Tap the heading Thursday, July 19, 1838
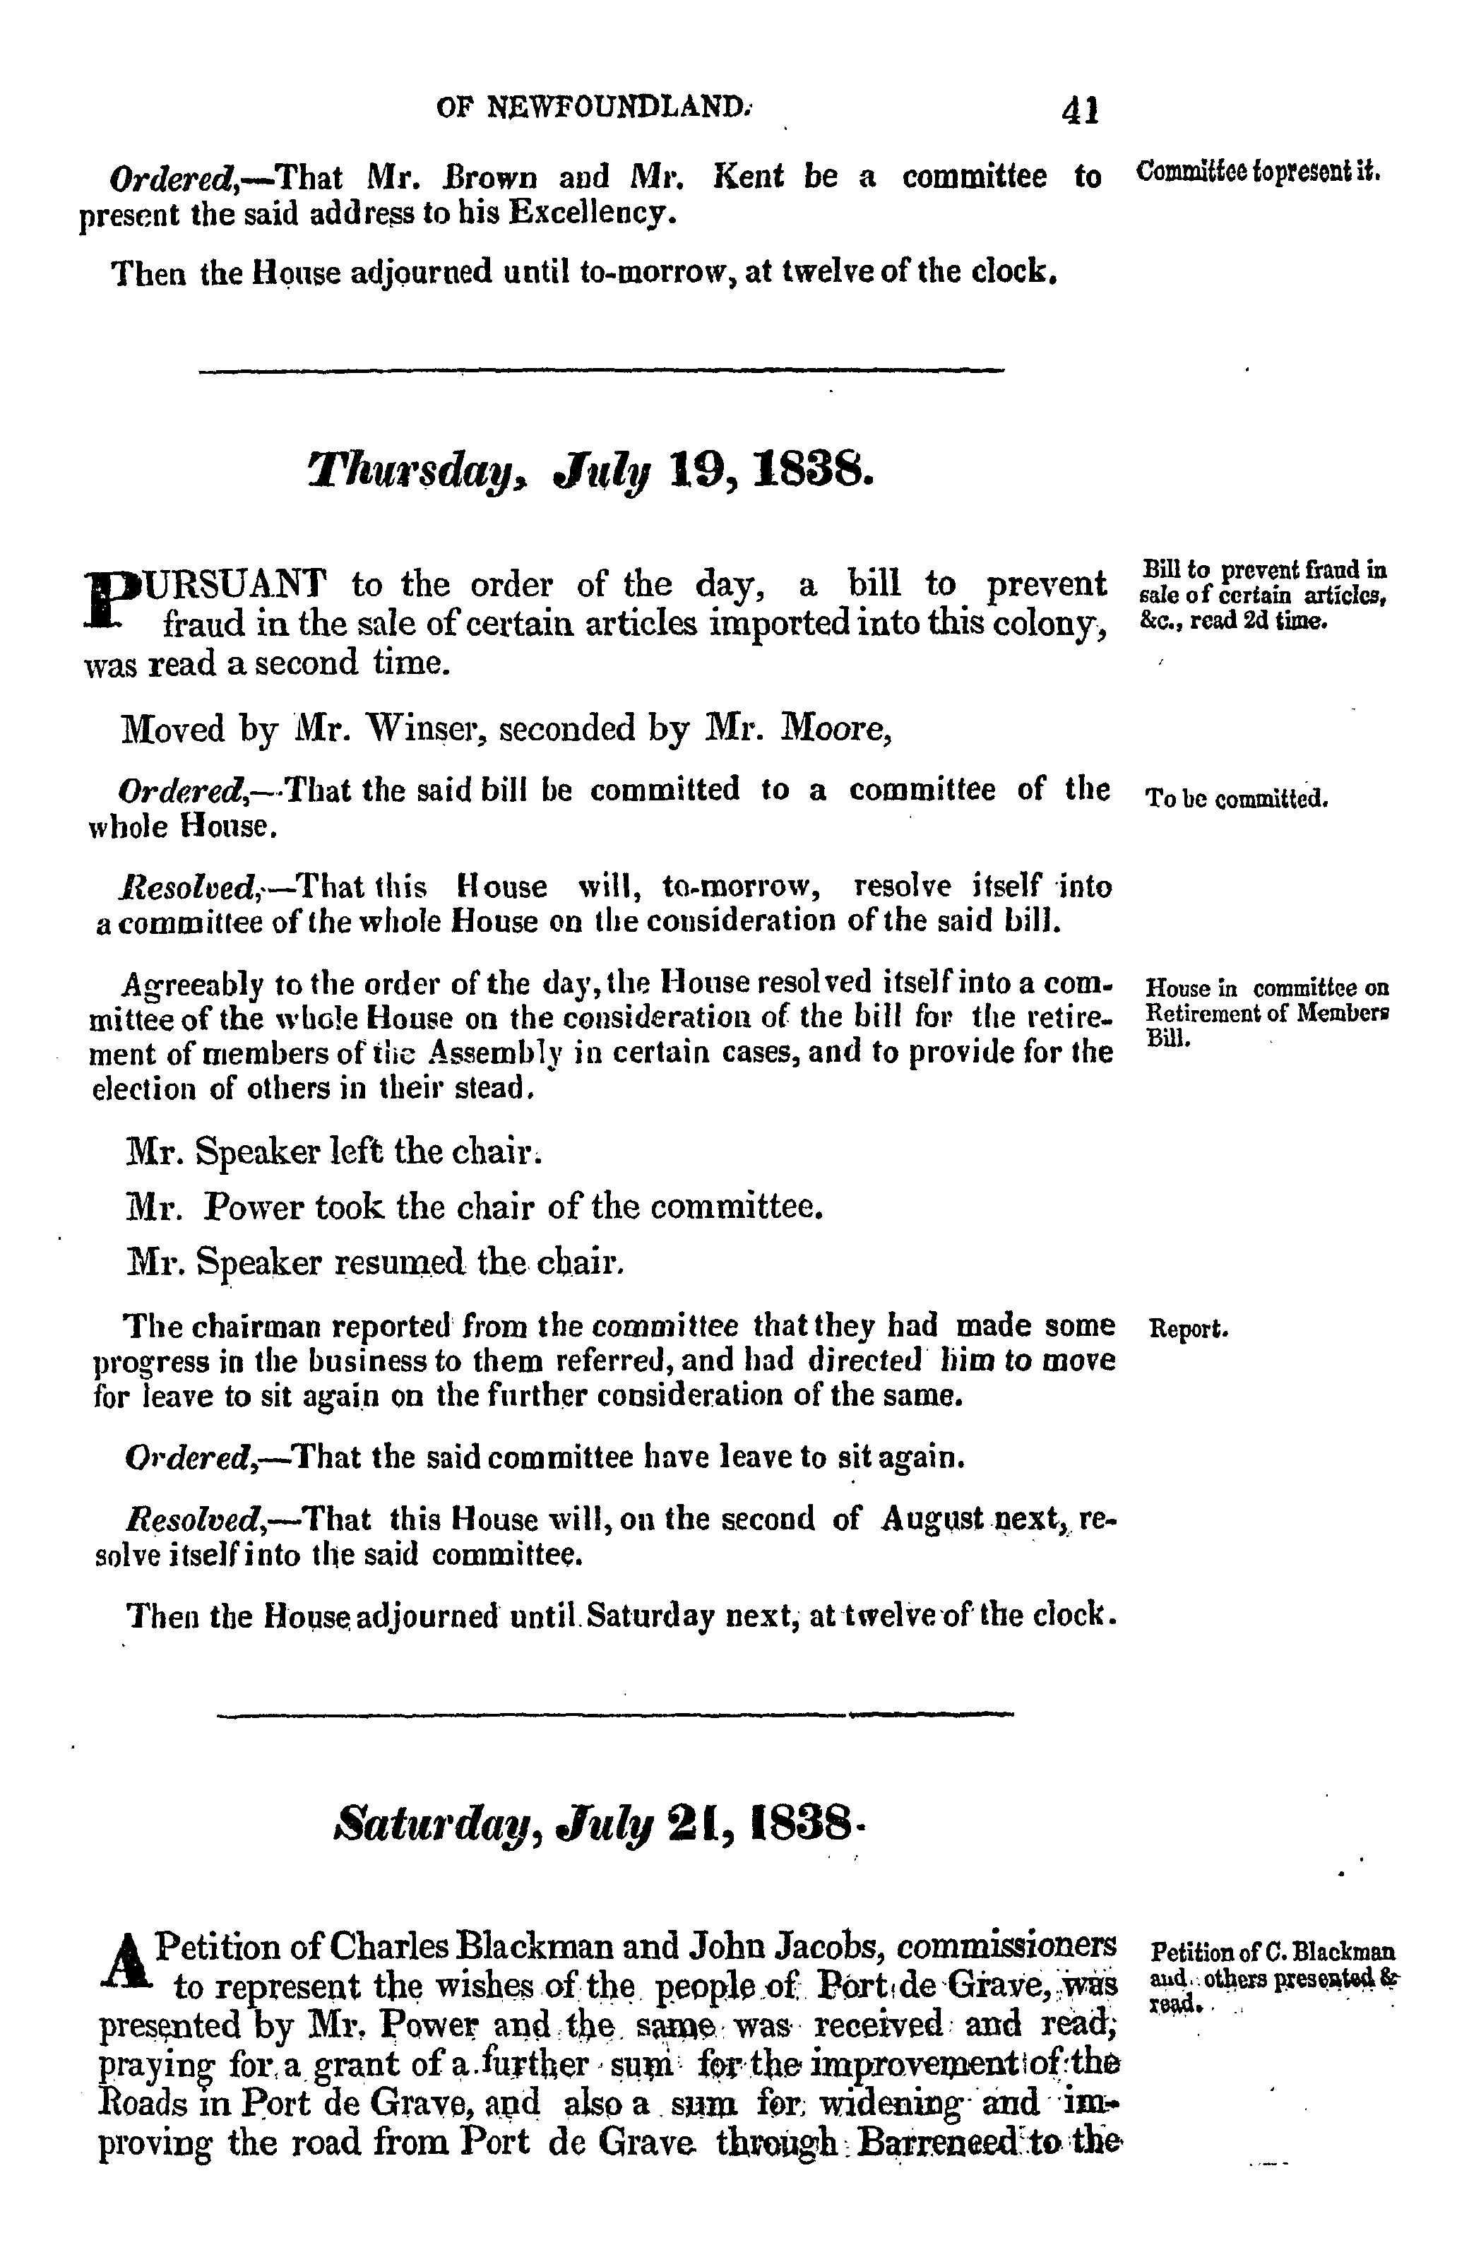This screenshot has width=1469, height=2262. [590, 468]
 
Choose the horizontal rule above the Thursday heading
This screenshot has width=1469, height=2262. [600, 369]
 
